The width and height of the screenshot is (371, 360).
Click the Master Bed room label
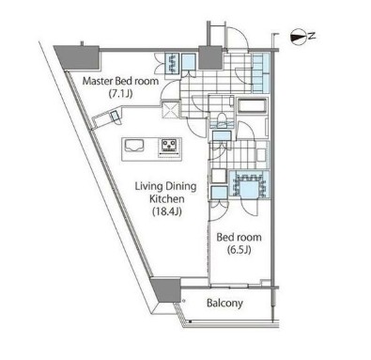click(120, 81)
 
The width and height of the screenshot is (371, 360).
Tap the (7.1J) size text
click(120, 93)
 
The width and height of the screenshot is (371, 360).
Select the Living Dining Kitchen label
click(166, 193)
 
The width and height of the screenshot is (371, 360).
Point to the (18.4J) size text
click(167, 211)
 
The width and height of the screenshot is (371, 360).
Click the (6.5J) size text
click(240, 250)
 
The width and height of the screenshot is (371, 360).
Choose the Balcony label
click(224, 304)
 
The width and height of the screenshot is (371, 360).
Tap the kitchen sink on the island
click(134, 146)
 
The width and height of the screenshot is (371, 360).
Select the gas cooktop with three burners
click(169, 145)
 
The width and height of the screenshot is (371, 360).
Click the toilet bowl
click(223, 119)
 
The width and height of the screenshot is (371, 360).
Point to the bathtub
click(252, 106)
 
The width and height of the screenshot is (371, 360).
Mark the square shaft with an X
click(170, 109)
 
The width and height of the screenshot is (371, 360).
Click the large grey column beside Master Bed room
click(78, 57)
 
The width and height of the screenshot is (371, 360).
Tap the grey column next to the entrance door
click(210, 57)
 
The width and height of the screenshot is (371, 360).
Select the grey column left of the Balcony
click(165, 290)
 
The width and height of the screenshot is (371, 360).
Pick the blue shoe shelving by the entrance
click(260, 73)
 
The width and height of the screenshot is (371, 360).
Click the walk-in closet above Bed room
click(249, 184)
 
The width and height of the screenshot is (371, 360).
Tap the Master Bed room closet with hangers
click(172, 63)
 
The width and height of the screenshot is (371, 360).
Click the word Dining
click(180, 187)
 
